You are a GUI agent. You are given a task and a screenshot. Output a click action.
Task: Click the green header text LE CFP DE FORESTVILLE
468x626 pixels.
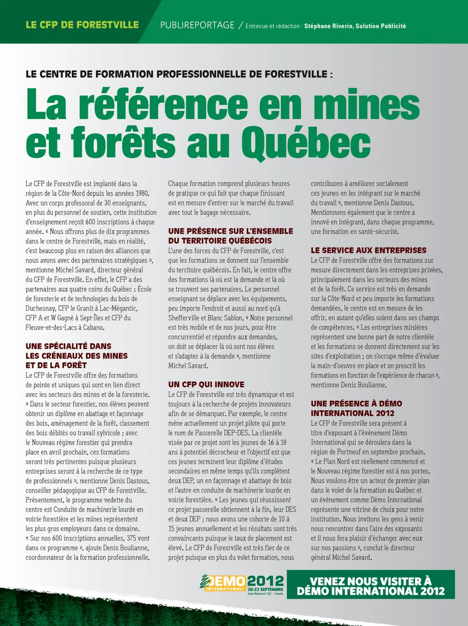coord(82,25)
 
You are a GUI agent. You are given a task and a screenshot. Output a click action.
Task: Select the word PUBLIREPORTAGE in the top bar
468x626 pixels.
coord(197,25)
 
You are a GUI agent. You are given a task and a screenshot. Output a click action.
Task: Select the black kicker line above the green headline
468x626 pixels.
coord(179,75)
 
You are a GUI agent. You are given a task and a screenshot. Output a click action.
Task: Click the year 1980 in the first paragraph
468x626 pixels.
coord(142,194)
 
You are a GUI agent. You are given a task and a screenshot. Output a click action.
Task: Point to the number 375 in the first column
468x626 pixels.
coord(131,538)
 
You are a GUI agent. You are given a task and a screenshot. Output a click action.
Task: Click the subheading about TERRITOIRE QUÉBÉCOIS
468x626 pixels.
coord(231,236)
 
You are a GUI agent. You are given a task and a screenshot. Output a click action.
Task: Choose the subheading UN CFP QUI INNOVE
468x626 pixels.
coord(206,385)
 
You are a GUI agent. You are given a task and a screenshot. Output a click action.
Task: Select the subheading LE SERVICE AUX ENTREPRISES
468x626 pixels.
coord(369,251)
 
